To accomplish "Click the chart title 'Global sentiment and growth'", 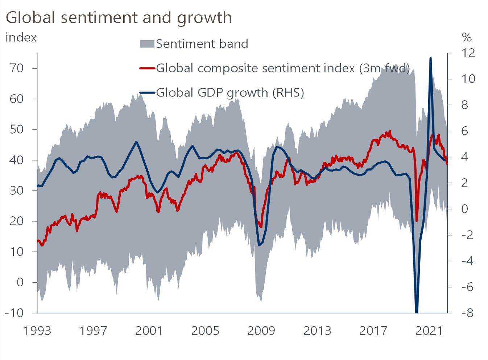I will (119, 17).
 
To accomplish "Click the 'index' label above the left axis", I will (21, 38).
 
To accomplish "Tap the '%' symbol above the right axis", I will (467, 37).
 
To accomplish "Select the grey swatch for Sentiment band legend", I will (147, 44).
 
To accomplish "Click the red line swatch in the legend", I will (147, 68).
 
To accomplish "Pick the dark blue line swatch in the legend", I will (147, 93).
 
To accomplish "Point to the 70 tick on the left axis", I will (17, 68).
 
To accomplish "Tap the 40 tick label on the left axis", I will (17, 160).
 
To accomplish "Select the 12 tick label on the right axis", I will (468, 53).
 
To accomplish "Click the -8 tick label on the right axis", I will (467, 313).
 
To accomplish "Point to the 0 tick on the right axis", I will (464, 209).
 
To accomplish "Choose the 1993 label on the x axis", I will (37, 331).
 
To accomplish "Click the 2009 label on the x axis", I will (261, 331).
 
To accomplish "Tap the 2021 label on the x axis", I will (429, 331).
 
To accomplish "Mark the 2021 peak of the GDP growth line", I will (430, 58).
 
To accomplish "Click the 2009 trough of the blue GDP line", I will (259, 246).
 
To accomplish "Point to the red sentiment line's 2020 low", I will (417, 221).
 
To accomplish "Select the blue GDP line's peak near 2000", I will (136, 142).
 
